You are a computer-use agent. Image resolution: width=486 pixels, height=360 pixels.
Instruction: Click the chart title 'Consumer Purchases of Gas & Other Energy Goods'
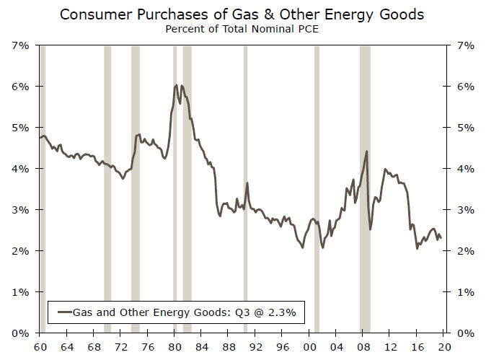tap(242, 14)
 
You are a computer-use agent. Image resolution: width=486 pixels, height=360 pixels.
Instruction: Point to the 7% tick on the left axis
tap(20, 45)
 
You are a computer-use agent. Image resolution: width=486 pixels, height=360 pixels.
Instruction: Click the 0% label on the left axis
tap(20, 333)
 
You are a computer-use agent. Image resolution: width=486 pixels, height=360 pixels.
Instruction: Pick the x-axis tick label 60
tap(40, 347)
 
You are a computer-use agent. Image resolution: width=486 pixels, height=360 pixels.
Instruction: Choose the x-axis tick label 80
tap(174, 347)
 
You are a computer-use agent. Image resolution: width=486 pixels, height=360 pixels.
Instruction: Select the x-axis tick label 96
tap(282, 347)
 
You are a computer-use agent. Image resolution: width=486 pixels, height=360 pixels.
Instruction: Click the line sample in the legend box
tap(65, 312)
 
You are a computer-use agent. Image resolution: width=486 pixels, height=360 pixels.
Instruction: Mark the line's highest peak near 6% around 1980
tap(177, 85)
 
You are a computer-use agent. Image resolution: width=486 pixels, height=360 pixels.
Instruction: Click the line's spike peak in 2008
tap(367, 151)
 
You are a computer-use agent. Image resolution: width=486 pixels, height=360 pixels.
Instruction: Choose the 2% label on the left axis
tap(20, 251)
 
